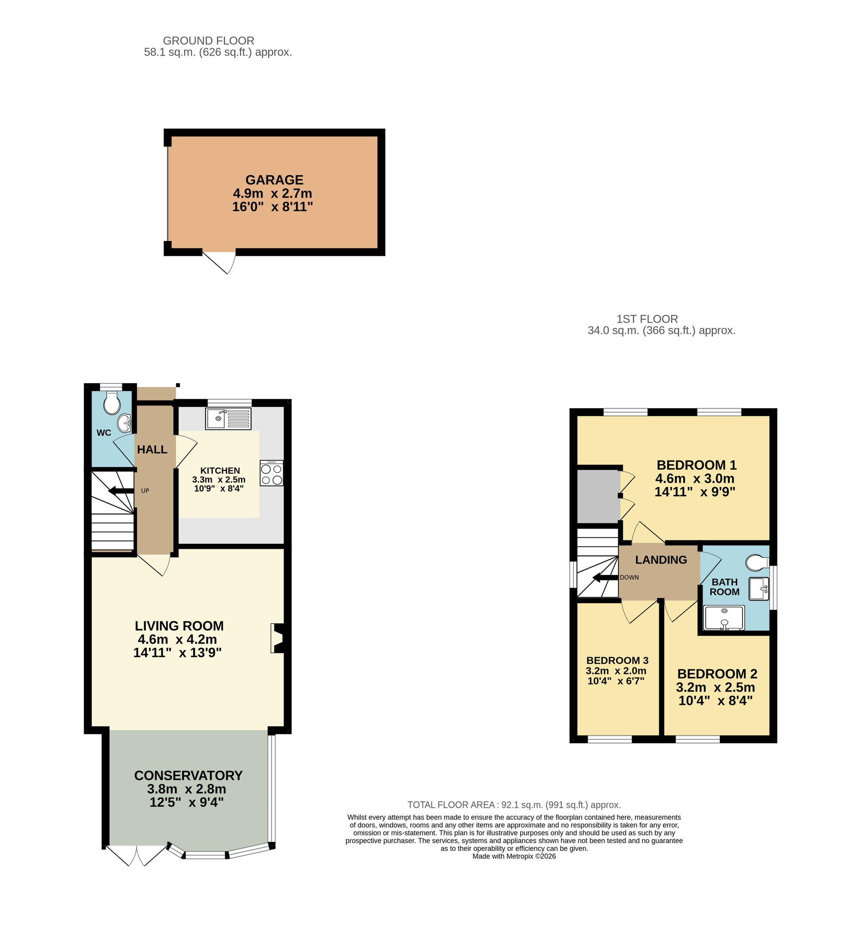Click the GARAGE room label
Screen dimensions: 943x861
274,180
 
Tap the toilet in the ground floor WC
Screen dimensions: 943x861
112,403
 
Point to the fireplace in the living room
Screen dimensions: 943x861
278,638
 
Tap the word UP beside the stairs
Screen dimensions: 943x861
145,491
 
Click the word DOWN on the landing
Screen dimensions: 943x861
629,578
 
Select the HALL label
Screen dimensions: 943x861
152,450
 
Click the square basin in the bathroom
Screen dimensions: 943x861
759,589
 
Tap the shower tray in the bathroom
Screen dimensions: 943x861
724,618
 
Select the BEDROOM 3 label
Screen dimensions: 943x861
617,661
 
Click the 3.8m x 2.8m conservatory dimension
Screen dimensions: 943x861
186,789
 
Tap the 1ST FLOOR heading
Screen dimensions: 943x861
647,319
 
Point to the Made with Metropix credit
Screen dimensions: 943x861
514,856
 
